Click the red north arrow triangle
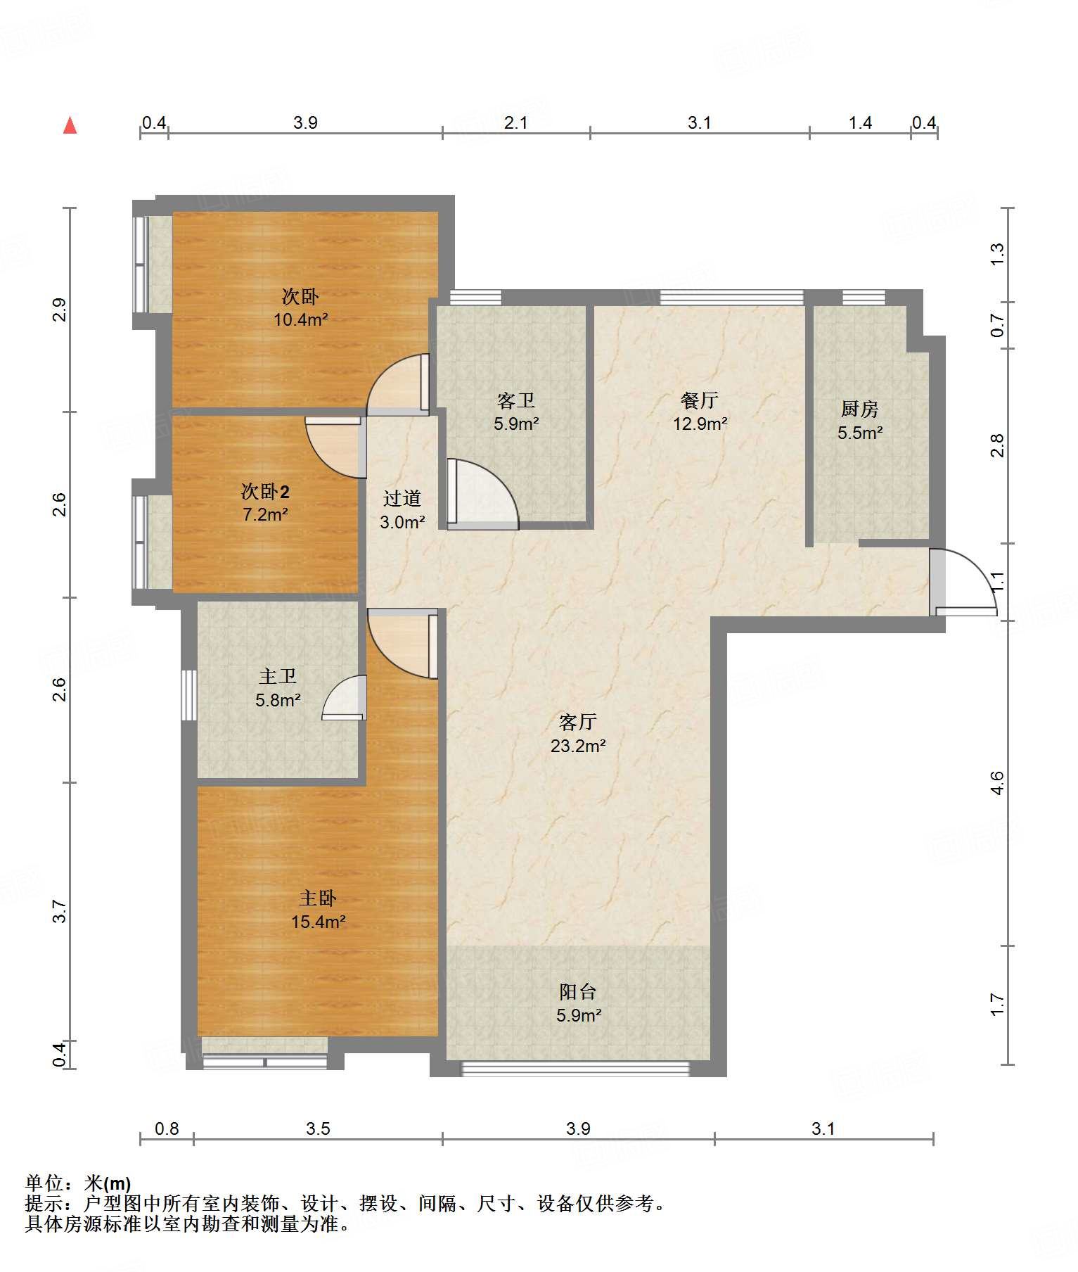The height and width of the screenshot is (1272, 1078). (x=70, y=125)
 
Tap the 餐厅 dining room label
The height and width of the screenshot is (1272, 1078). (x=700, y=400)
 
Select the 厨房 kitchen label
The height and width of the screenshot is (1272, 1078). (x=859, y=409)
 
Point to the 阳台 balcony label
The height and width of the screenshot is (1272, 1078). (x=578, y=991)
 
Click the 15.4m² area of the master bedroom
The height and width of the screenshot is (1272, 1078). (x=319, y=922)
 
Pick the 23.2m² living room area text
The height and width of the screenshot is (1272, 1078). (x=578, y=746)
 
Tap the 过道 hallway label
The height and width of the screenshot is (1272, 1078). (x=402, y=499)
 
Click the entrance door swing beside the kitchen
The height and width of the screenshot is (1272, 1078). (x=963, y=581)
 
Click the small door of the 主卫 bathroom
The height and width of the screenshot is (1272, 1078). (x=345, y=697)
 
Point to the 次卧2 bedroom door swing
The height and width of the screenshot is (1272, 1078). (x=333, y=447)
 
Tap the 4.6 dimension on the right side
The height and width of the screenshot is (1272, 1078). (x=997, y=783)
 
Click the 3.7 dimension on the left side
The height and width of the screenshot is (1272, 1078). (x=60, y=911)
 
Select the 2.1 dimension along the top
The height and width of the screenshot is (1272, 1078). (x=516, y=123)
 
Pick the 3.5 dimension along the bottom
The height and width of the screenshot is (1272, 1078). (x=318, y=1128)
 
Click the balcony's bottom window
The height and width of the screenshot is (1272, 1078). (x=575, y=1069)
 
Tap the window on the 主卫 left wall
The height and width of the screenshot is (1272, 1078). (x=188, y=695)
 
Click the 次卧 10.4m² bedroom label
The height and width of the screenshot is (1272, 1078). (x=301, y=307)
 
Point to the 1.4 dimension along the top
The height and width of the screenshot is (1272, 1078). (x=860, y=123)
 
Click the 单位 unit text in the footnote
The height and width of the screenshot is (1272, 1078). (x=44, y=1183)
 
